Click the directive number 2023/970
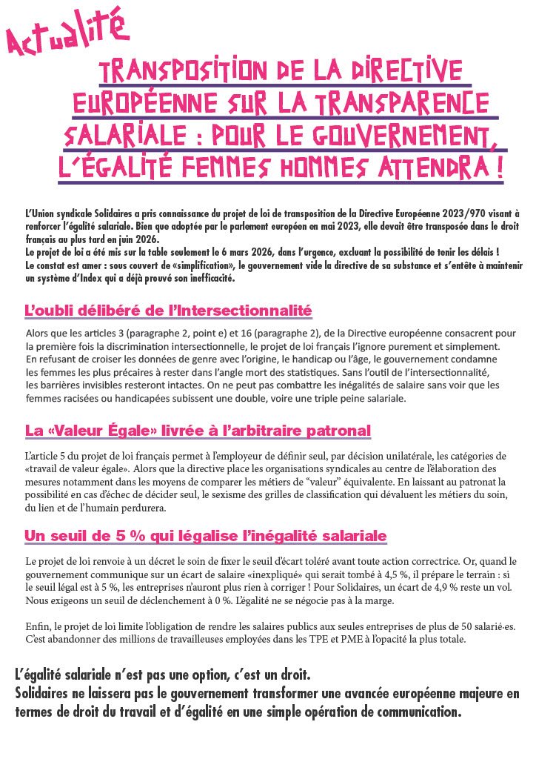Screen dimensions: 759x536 (469, 213)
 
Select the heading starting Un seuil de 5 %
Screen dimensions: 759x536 (206, 535)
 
